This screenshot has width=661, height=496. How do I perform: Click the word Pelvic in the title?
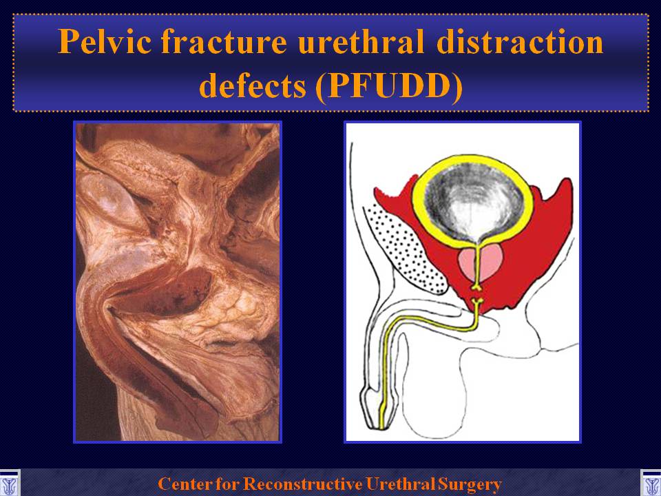coord(105,42)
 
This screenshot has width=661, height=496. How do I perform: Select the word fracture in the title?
coord(224,42)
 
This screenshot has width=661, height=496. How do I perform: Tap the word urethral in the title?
coord(360,42)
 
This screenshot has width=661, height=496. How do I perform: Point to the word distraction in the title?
coord(520,42)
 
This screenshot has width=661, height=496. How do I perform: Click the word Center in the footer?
coord(185,484)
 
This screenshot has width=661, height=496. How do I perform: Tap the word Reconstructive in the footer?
coord(303,484)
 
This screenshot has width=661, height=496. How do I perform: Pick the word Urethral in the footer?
coord(401,484)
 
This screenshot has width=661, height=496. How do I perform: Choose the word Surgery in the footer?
coord(470,484)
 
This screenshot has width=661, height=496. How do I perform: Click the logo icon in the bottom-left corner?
coord(9,483)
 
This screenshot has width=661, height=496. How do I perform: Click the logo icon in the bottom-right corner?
coord(651,483)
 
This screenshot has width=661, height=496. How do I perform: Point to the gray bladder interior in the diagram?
coord(474,203)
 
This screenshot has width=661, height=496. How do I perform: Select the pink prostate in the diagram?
coord(480,264)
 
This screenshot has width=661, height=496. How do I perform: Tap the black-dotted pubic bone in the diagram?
coord(404,249)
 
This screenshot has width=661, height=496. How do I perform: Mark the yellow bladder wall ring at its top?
coord(473,158)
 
